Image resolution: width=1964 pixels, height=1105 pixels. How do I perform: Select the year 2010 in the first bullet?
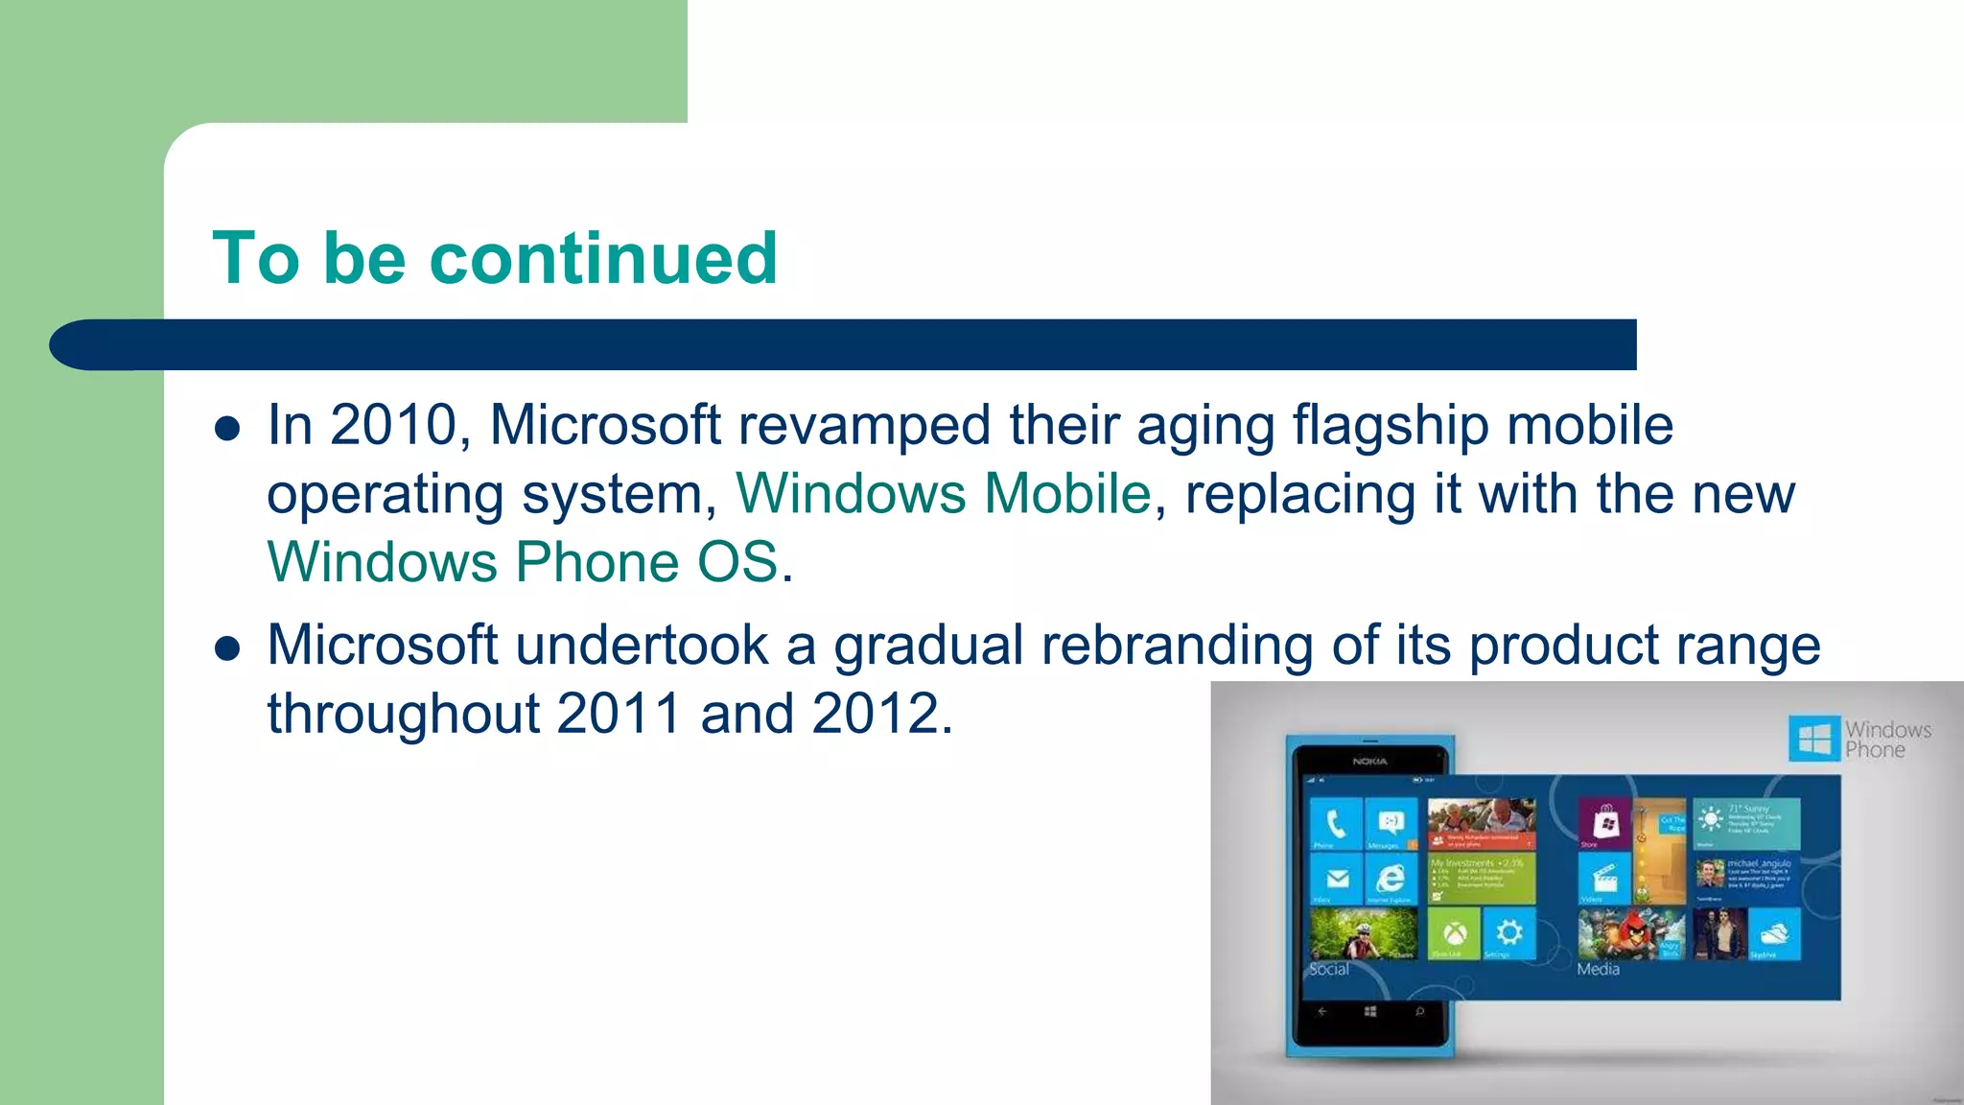pyautogui.click(x=393, y=425)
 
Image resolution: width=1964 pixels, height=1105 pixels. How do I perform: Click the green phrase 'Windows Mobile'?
pyautogui.click(x=943, y=494)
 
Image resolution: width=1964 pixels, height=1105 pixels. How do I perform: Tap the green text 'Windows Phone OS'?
pyautogui.click(x=523, y=562)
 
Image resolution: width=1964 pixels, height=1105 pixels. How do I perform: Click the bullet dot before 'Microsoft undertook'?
pyautogui.click(x=227, y=649)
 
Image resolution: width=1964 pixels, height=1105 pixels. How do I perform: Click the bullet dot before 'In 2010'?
pyautogui.click(x=227, y=429)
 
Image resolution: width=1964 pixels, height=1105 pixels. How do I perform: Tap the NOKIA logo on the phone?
pyautogui.click(x=1369, y=762)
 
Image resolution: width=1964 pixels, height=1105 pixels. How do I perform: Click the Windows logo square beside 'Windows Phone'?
pyautogui.click(x=1813, y=740)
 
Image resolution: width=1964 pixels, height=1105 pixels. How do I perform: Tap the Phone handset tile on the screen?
pyautogui.click(x=1335, y=824)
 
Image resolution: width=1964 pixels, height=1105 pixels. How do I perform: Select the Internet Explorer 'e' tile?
pyautogui.click(x=1390, y=879)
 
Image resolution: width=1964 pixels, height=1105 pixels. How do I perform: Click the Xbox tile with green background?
pyautogui.click(x=1454, y=933)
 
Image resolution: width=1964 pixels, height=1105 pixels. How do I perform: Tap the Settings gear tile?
pyautogui.click(x=1508, y=933)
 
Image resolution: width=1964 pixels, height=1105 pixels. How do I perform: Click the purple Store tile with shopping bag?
pyautogui.click(x=1604, y=824)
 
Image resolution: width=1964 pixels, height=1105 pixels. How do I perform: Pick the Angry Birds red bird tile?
pyautogui.click(x=1631, y=933)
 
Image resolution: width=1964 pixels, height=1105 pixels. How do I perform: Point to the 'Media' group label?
pyautogui.click(x=1598, y=970)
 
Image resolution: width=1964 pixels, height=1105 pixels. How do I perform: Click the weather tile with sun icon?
pyautogui.click(x=1745, y=823)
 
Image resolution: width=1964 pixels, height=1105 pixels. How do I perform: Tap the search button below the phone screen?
pyautogui.click(x=1419, y=1011)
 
